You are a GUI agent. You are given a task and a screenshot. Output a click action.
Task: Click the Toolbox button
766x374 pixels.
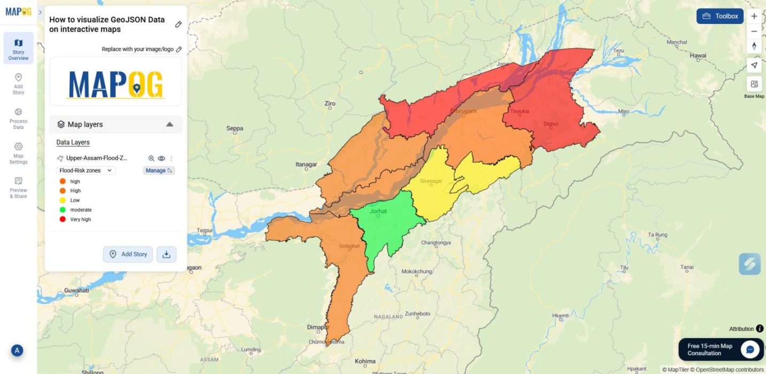(x=720, y=16)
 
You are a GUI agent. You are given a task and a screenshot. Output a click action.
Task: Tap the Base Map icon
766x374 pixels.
(x=754, y=84)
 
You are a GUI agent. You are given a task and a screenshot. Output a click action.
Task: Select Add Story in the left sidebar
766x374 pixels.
(x=18, y=83)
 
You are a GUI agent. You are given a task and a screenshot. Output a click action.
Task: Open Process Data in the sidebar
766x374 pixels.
(x=18, y=118)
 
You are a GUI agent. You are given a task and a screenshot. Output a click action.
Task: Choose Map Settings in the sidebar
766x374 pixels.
(x=18, y=153)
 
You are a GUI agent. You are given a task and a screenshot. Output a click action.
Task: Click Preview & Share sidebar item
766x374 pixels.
(x=18, y=188)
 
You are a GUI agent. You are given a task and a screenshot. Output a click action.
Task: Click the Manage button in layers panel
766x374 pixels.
(x=159, y=170)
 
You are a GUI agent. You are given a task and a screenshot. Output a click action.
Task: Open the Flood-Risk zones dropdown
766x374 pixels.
(x=86, y=170)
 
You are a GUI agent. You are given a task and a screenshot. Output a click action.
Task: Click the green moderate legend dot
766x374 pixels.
(x=62, y=210)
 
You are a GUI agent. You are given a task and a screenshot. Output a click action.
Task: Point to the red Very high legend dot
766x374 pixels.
(x=62, y=220)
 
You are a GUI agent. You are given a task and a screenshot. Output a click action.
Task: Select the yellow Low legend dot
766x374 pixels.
(x=62, y=200)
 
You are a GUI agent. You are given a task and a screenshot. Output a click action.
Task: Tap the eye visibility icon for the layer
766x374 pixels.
(x=161, y=158)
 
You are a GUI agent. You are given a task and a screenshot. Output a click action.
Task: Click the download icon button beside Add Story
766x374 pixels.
(x=166, y=254)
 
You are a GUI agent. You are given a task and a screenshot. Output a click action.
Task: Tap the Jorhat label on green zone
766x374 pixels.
(x=378, y=211)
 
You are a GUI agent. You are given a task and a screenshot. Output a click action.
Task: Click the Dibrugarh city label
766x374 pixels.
(x=463, y=111)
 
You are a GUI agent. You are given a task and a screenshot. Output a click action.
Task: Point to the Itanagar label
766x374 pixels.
(x=307, y=165)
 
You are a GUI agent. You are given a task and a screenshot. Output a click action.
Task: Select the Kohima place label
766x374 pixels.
(x=365, y=361)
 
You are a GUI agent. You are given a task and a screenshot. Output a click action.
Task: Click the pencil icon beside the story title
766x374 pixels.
(x=178, y=24)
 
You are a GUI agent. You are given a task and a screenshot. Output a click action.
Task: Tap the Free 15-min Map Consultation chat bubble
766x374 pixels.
(x=750, y=349)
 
